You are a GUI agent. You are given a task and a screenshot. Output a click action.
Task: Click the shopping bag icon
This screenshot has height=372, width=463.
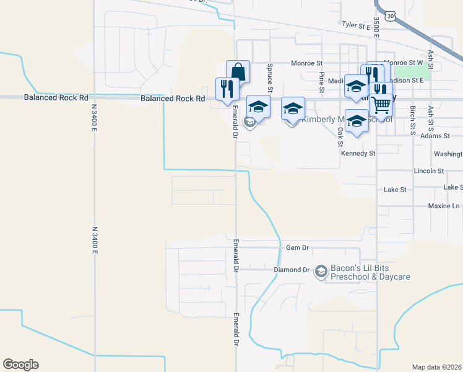(x=238, y=71)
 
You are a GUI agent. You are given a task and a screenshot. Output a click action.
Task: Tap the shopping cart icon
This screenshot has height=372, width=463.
(x=382, y=105)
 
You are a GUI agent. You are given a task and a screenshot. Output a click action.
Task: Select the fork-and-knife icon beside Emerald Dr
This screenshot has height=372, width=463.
(x=227, y=88)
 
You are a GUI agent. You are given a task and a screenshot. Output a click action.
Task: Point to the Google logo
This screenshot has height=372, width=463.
(x=20, y=365)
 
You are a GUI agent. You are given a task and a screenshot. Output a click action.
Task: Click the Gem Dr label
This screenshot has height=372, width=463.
(x=297, y=247)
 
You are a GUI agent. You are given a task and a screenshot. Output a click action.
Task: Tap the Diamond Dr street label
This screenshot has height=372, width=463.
(x=291, y=270)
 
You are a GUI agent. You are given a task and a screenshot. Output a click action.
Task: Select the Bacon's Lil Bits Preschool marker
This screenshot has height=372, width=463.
(x=321, y=271)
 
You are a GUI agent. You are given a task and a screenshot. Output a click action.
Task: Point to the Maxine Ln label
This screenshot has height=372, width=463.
(x=444, y=206)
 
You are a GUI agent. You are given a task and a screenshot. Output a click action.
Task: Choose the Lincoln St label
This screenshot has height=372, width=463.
(x=429, y=170)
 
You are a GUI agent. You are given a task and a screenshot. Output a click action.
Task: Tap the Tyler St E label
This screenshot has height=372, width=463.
(x=355, y=26)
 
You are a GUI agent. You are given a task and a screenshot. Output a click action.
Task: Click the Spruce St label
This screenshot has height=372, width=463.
(x=270, y=74)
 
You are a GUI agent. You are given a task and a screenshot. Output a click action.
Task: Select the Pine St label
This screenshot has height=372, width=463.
(x=322, y=79)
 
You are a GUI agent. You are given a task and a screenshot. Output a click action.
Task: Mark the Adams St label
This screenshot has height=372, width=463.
(x=434, y=135)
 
